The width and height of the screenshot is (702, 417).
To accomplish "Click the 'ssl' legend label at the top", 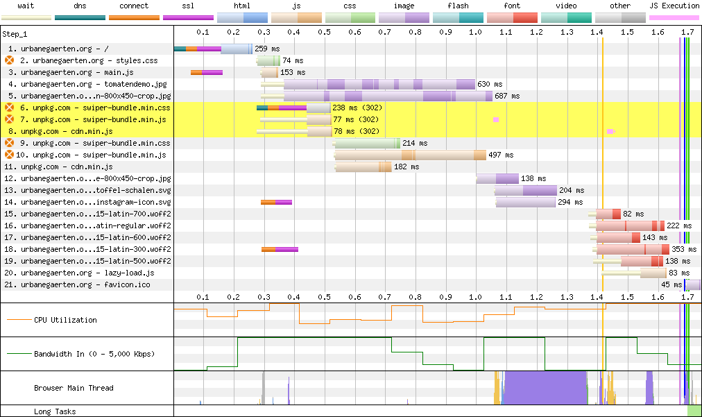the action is tap(188, 6).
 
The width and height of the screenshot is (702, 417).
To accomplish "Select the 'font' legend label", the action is tap(512, 6).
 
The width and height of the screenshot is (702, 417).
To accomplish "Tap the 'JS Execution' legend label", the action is tap(674, 6).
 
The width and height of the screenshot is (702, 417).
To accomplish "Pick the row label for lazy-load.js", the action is tap(79, 273).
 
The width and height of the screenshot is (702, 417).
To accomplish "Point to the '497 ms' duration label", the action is tap(501, 155).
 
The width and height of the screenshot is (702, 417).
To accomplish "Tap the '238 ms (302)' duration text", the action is tap(357, 108).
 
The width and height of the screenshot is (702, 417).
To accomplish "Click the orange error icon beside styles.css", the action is tap(10, 60).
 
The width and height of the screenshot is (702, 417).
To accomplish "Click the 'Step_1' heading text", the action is tap(15, 35).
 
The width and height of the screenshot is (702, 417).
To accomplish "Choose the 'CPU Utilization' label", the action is tap(65, 320).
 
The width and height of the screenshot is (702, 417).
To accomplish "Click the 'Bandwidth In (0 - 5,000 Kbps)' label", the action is tap(94, 354).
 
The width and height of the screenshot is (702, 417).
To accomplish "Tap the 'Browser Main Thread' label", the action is tap(74, 388).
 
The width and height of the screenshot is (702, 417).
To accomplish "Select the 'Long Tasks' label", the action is tap(55, 411).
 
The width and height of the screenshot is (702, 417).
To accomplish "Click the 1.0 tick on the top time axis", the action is tap(475, 32).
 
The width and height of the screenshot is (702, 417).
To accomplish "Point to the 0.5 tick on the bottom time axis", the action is tap(325, 297).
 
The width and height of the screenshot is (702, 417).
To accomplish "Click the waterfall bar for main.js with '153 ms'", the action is tap(270, 73).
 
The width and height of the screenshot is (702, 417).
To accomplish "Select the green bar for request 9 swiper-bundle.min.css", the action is tap(367, 144).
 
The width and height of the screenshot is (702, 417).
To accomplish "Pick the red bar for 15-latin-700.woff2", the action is tap(608, 214).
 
